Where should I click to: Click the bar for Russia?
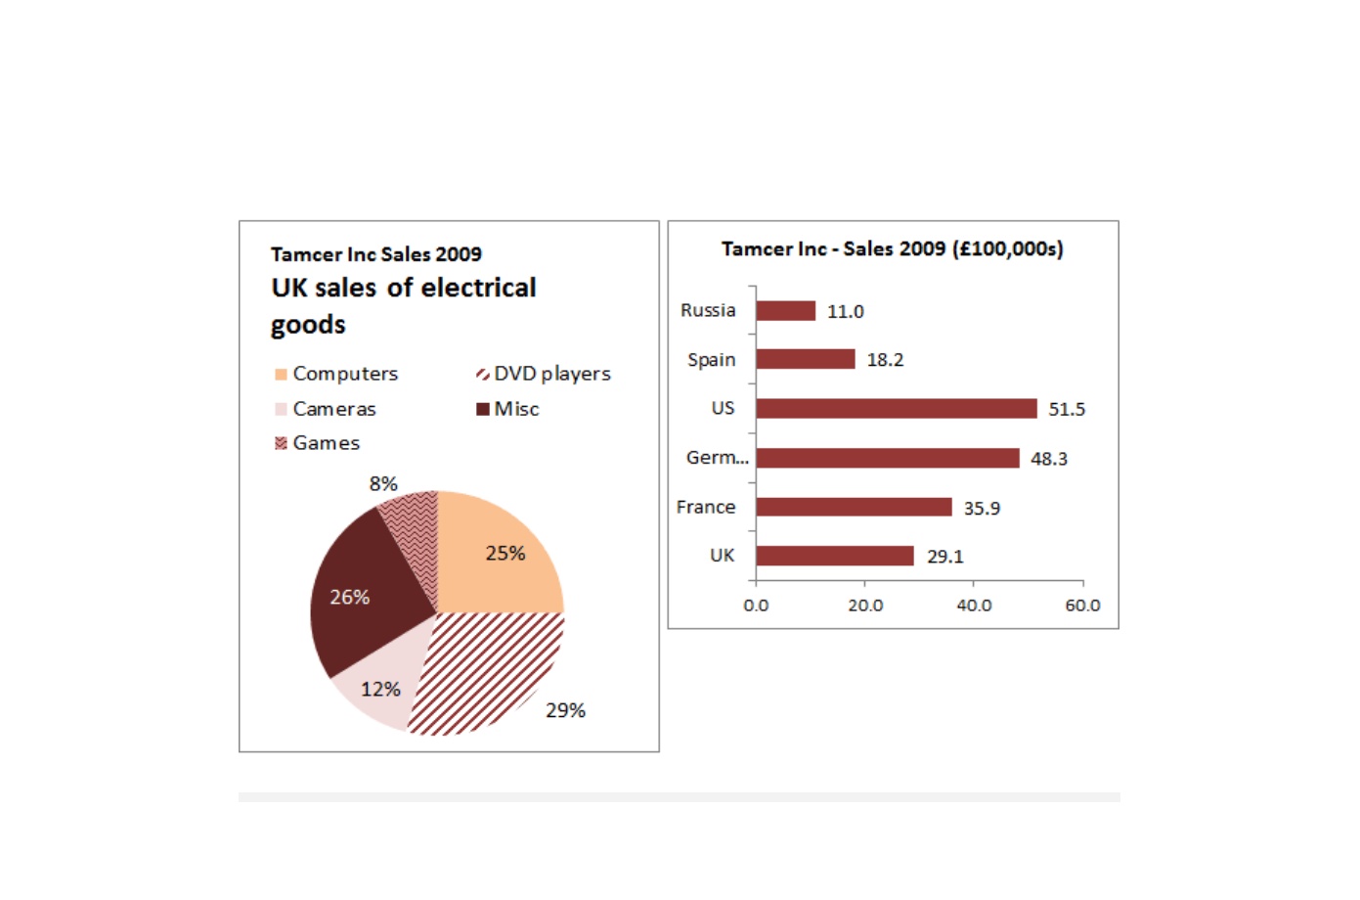pyautogui.click(x=786, y=311)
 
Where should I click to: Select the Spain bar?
pyautogui.click(x=806, y=359)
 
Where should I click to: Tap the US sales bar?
pyautogui.click(x=897, y=409)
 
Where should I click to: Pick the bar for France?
pyautogui.click(x=855, y=507)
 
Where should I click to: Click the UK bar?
pyautogui.click(x=835, y=556)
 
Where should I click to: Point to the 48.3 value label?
pyautogui.click(x=1048, y=459)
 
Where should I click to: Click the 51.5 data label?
pyautogui.click(x=1067, y=409)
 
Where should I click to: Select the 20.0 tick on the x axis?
pyautogui.click(x=865, y=606)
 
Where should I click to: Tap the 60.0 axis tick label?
pyautogui.click(x=1082, y=606)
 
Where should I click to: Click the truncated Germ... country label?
pyautogui.click(x=717, y=457)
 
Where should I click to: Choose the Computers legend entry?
pyautogui.click(x=336, y=374)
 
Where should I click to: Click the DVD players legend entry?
pyautogui.click(x=544, y=374)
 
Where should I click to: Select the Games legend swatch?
pyautogui.click(x=281, y=443)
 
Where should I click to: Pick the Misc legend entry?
pyautogui.click(x=507, y=409)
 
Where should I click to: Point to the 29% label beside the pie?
pyautogui.click(x=565, y=710)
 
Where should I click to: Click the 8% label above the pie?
pyautogui.click(x=383, y=484)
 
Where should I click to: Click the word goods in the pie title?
pyautogui.click(x=308, y=325)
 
